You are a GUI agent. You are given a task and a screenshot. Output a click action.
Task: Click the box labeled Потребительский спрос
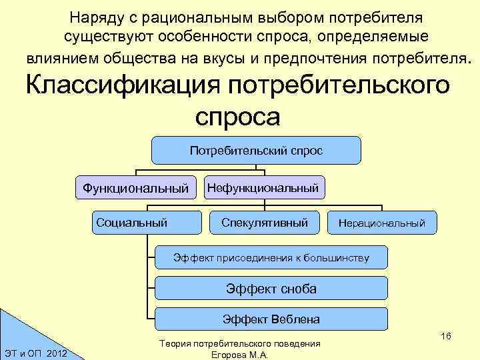click(256, 151)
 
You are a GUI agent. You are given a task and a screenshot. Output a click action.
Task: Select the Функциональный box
click(135, 189)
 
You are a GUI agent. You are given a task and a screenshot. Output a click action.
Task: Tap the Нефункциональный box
click(263, 189)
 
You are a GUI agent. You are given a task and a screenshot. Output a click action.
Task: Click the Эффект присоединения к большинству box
click(271, 257)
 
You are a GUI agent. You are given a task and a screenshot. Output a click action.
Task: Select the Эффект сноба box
click(271, 288)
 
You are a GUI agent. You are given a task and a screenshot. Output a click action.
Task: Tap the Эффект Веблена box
click(271, 319)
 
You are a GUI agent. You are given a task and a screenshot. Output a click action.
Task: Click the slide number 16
click(446, 336)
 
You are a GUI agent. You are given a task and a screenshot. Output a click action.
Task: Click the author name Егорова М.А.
click(239, 355)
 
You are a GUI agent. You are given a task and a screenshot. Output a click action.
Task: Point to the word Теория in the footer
click(175, 343)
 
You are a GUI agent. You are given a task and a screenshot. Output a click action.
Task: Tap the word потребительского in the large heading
click(339, 86)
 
